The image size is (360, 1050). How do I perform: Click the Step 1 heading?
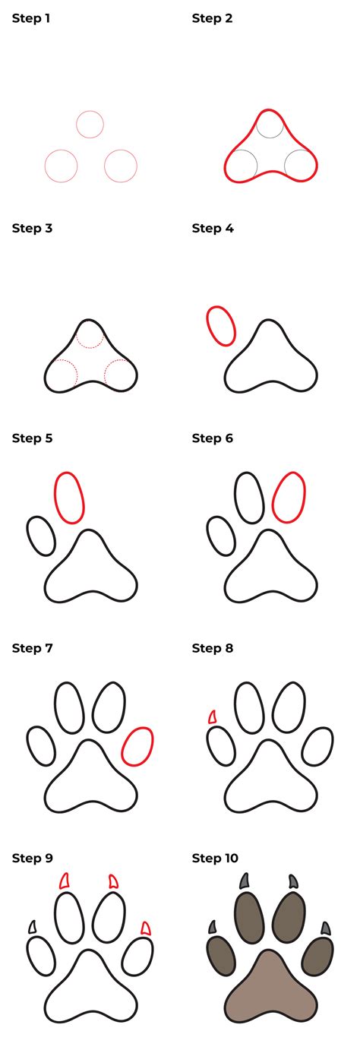pos(31,18)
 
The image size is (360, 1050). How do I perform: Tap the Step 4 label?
pos(212,228)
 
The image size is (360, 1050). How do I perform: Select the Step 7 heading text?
pos(31,648)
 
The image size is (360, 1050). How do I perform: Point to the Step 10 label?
pos(215,858)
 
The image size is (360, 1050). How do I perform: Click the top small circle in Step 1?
pos(90,124)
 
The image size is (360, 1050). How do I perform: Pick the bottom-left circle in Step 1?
pos(61,166)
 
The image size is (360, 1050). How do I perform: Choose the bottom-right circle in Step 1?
pos(120,166)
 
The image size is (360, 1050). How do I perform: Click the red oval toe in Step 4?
pos(220,326)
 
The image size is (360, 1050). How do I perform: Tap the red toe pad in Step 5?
pos(68,497)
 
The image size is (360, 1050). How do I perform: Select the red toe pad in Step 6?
pos(289,497)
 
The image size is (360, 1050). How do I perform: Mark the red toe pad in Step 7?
pos(137,746)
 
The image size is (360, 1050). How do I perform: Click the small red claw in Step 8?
pos(212,716)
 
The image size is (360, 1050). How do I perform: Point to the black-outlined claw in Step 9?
pos(32,927)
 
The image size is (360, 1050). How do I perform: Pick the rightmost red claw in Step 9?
pos(145,928)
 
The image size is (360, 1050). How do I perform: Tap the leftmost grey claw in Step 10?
pos(212,927)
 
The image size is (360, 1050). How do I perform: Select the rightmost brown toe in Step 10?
pos(317,956)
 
